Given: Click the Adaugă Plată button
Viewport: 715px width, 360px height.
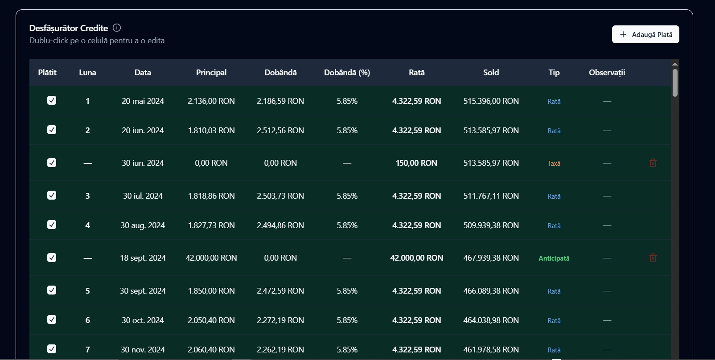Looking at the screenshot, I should [645, 34].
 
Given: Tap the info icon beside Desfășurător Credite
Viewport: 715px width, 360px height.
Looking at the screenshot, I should [117, 28].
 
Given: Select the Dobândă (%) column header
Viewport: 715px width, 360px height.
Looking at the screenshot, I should [347, 73].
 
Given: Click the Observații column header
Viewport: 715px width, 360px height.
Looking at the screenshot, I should [607, 73].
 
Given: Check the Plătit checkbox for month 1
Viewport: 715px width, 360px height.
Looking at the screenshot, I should [52, 101].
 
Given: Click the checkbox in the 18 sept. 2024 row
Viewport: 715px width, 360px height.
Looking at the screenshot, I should [52, 258].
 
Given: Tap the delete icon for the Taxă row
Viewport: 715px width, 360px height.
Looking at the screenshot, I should [653, 163].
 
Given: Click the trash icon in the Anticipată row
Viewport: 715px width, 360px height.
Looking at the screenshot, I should [653, 258].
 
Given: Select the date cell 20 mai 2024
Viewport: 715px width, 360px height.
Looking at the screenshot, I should [143, 101].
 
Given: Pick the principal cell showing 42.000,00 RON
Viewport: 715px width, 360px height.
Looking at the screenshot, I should [211, 258].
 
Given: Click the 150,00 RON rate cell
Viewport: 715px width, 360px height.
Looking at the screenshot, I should [416, 163].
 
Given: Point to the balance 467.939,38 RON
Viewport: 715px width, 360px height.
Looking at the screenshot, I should [491, 258].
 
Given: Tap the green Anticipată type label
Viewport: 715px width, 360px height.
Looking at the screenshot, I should [554, 258].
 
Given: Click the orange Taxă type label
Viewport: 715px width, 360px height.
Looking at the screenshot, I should [554, 164].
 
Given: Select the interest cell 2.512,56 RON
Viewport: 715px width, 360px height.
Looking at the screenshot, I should [280, 131].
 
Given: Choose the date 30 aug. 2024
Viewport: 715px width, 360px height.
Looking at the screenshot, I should [143, 225].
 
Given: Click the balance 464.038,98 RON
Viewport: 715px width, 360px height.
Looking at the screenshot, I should [491, 320].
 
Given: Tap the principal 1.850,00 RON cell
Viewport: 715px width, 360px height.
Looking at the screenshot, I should [211, 291].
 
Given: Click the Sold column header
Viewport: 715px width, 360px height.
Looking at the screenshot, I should [491, 73].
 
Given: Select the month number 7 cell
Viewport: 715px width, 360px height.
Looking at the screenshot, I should [87, 350].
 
